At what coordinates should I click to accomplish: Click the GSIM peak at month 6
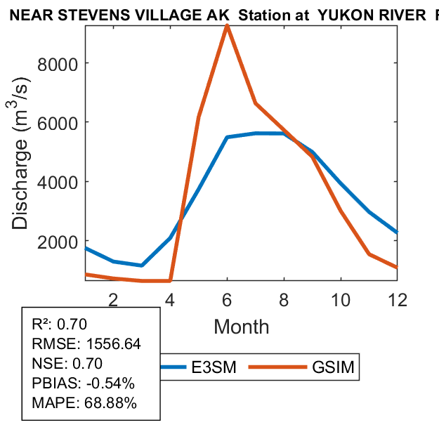coord(227,26)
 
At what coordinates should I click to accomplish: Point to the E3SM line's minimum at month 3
coord(142,266)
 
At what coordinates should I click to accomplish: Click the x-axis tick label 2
coord(113,299)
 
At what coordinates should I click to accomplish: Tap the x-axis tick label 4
coord(170,299)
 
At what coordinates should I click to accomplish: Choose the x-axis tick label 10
coord(341,299)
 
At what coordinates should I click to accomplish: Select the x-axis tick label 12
coord(398,299)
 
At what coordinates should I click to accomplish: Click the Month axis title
coord(241,326)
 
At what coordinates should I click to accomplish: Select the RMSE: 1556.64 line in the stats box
coord(86,344)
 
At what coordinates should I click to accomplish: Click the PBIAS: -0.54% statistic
coord(83,384)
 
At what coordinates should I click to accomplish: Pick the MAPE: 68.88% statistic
coord(84,403)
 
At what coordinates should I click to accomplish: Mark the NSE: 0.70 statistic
coord(67,364)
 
